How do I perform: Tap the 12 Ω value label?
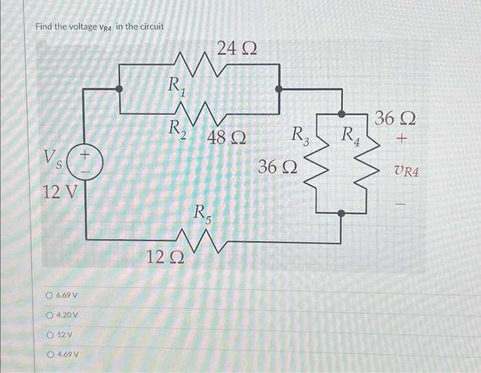[164, 258]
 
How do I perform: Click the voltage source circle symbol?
[87, 162]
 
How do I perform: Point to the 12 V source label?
[60, 192]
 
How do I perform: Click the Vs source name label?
[56, 163]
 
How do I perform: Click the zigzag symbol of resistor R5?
[201, 240]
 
